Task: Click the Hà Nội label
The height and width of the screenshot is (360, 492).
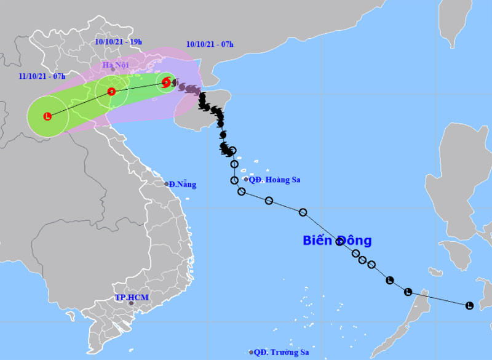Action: click(115, 64)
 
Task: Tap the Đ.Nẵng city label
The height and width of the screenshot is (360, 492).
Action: click(183, 184)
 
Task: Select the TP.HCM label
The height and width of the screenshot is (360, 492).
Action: click(131, 297)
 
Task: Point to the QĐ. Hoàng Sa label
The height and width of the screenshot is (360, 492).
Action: click(275, 180)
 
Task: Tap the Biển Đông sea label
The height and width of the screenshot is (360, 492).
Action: click(337, 240)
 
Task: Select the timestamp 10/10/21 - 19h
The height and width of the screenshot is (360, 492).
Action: click(119, 42)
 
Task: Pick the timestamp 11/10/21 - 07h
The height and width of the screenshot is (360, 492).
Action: click(42, 76)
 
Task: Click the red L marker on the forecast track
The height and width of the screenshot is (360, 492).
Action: click(47, 116)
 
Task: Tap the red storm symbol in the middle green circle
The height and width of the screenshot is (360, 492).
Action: click(111, 92)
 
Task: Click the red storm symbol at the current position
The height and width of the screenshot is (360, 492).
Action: click(165, 82)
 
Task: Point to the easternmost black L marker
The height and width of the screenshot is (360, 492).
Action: click(469, 305)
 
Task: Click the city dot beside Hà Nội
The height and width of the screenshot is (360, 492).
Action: click(113, 70)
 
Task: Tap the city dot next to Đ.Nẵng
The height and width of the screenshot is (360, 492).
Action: click(166, 184)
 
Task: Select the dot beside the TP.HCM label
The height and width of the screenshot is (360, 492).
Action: click(131, 303)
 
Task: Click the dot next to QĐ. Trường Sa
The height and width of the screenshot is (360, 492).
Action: click(251, 352)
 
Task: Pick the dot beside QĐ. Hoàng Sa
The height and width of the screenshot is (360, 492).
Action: click(246, 180)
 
